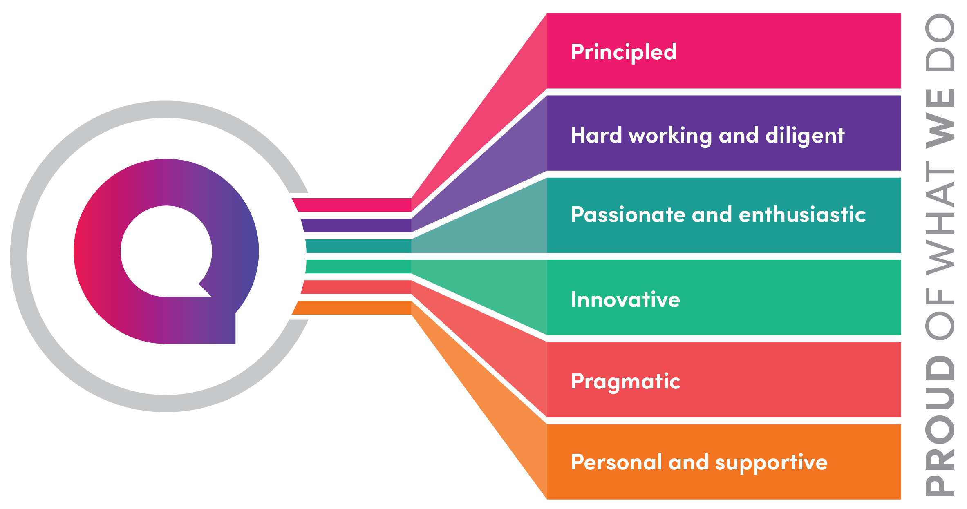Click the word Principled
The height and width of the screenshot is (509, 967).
click(624, 52)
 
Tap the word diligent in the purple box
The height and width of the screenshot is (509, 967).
click(804, 136)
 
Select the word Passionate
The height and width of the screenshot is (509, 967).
click(628, 215)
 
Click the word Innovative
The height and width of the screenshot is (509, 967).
click(625, 299)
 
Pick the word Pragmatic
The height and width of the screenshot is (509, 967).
click(625, 382)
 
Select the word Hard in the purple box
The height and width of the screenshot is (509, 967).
click(596, 135)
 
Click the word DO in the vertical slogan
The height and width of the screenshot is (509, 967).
click(940, 42)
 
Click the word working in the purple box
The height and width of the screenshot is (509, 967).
click(670, 136)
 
